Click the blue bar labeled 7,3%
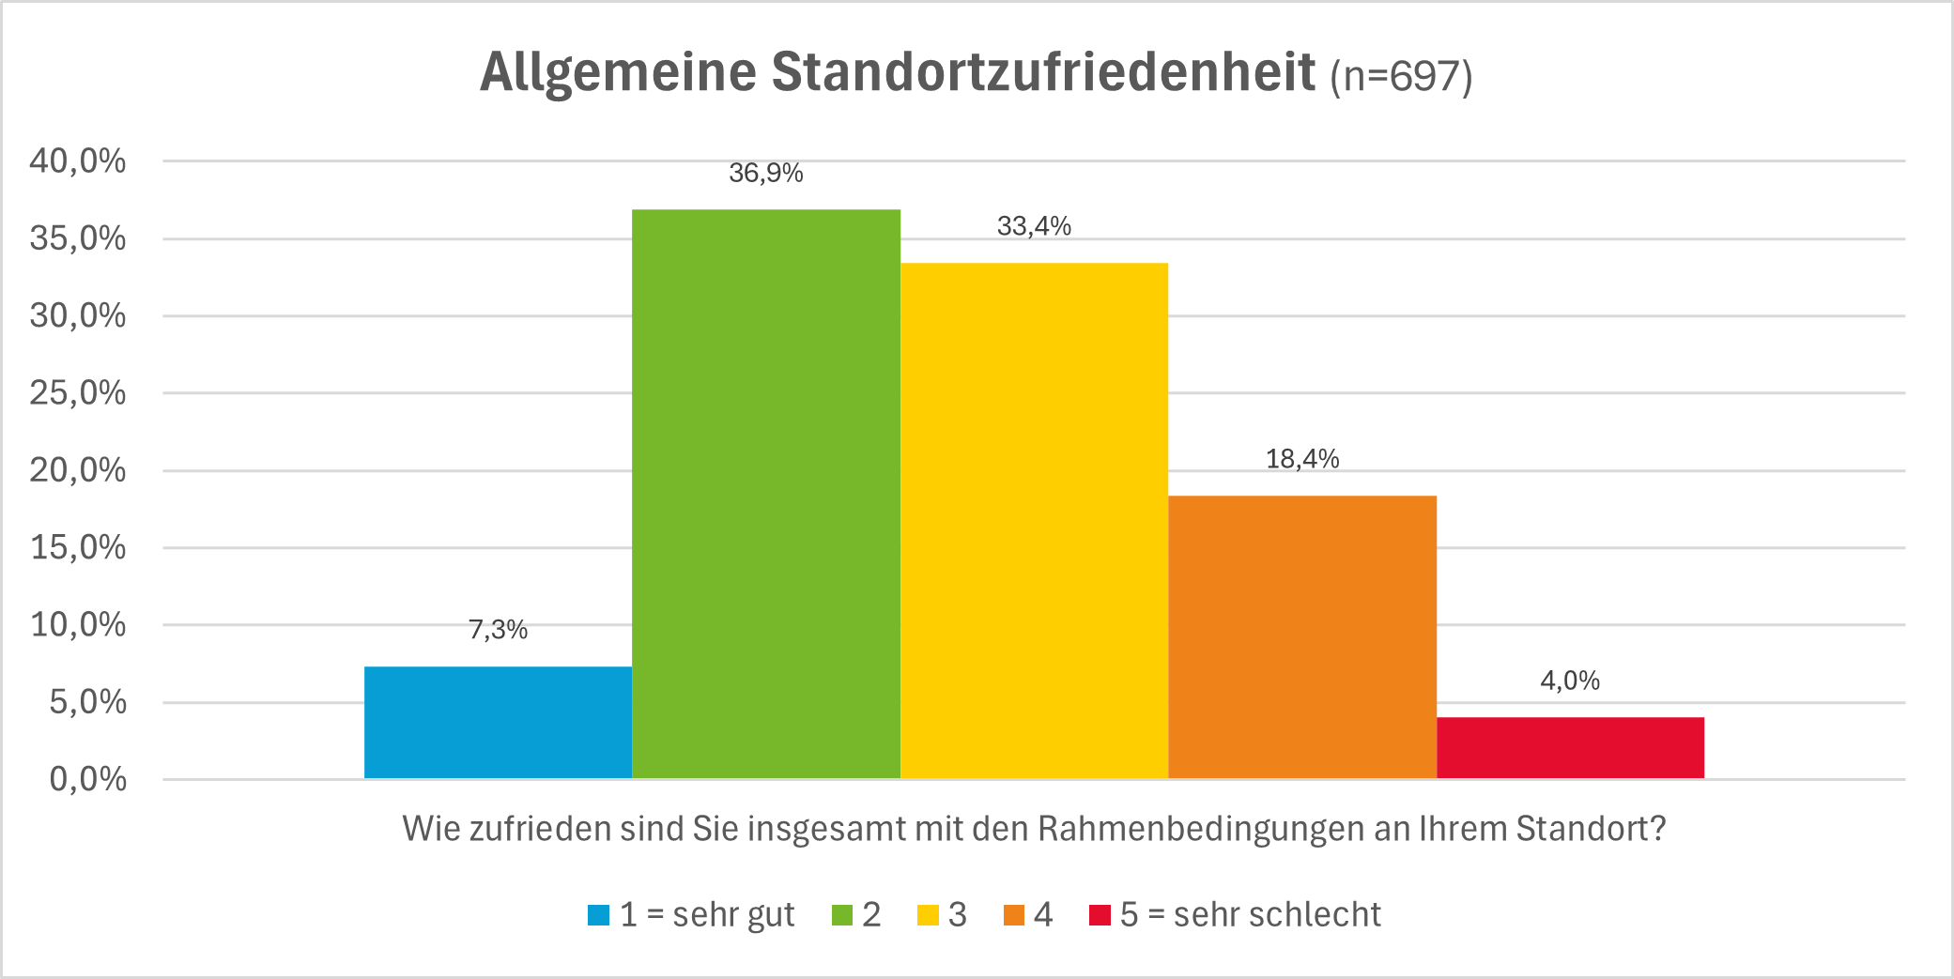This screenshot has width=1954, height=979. [498, 722]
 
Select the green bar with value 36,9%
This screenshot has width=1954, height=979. [765, 494]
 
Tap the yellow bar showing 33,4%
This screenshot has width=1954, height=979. [1034, 520]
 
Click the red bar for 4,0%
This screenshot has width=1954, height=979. [1570, 748]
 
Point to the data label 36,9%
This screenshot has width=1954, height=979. [765, 173]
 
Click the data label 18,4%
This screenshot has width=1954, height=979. [1302, 459]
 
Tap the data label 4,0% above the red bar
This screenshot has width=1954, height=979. [1570, 681]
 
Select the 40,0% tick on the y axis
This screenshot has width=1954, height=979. [78, 161]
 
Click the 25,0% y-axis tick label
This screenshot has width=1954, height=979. [78, 392]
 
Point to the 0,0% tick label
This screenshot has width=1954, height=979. [87, 779]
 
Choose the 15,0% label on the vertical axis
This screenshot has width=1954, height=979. [78, 547]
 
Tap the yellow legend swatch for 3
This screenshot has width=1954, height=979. [928, 914]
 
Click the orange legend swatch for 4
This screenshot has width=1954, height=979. [1014, 914]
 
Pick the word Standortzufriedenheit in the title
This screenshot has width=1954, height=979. [1043, 71]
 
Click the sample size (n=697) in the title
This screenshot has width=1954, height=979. [1401, 75]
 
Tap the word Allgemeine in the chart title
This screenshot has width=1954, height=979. [618, 71]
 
